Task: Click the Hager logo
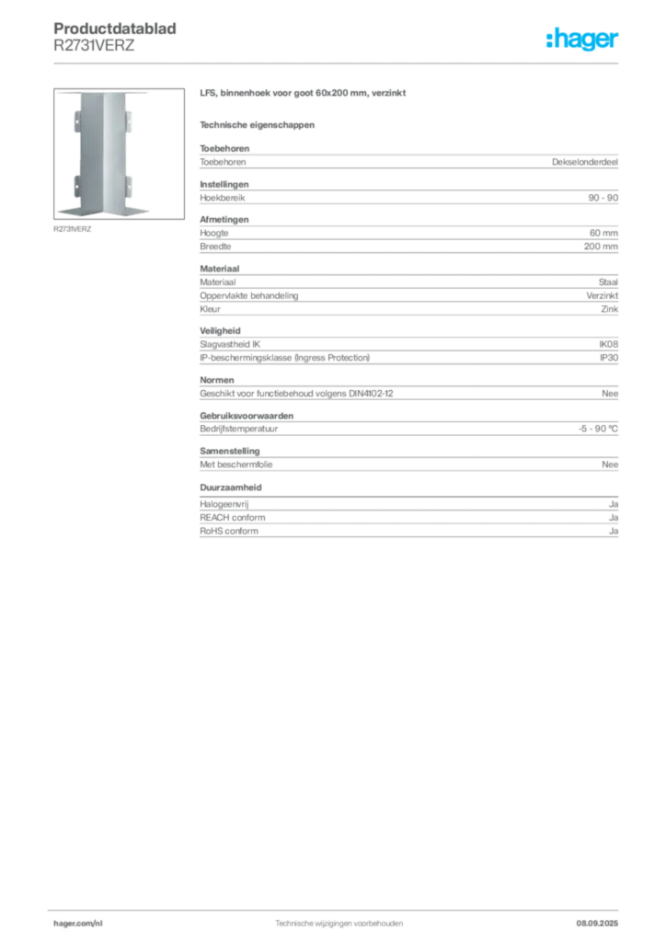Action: pos(581,39)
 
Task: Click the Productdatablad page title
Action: pos(115,29)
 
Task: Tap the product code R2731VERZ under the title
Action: pos(94,46)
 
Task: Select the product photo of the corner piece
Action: pos(119,154)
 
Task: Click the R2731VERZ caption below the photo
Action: pos(72,229)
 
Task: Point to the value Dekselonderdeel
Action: pos(584,162)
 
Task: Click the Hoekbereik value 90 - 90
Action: pos(603,198)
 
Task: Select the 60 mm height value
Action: pos(603,233)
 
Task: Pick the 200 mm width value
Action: pos(601,247)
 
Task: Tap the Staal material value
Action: pos(608,282)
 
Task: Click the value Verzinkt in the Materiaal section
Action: pos(602,295)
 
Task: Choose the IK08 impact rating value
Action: pos(608,344)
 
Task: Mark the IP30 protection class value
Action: pos(609,358)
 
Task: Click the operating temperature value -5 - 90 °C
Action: pos(598,429)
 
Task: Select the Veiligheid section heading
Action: pos(220,331)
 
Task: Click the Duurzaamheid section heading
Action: pos(231,488)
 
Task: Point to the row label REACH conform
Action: pos(233,518)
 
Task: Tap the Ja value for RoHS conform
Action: pos(614,531)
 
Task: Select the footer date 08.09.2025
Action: pos(597,924)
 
